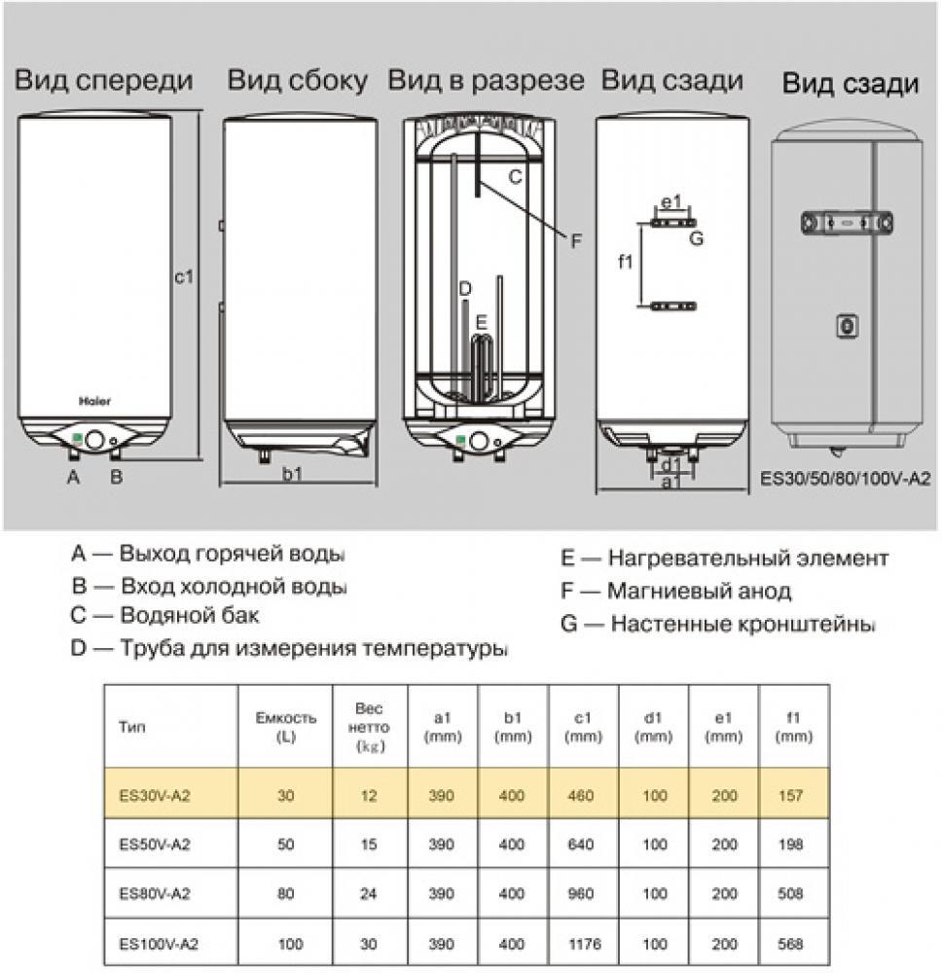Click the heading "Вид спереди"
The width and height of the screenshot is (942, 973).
coord(104,81)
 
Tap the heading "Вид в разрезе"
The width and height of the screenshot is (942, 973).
coord(487,81)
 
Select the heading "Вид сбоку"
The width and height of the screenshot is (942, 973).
coord(298,81)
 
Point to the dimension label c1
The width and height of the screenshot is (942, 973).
coord(185,276)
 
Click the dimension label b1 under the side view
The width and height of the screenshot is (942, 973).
coord(292,474)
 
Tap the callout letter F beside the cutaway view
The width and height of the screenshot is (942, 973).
coord(576,239)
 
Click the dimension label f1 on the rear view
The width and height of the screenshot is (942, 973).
coord(627,261)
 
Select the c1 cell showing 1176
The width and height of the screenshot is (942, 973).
coord(583,945)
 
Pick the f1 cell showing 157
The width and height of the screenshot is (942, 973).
coord(791,795)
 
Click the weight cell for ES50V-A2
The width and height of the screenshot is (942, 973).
coord(369,845)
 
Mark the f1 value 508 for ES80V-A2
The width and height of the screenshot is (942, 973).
coord(791,894)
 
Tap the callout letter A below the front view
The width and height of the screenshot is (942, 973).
coord(72,476)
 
